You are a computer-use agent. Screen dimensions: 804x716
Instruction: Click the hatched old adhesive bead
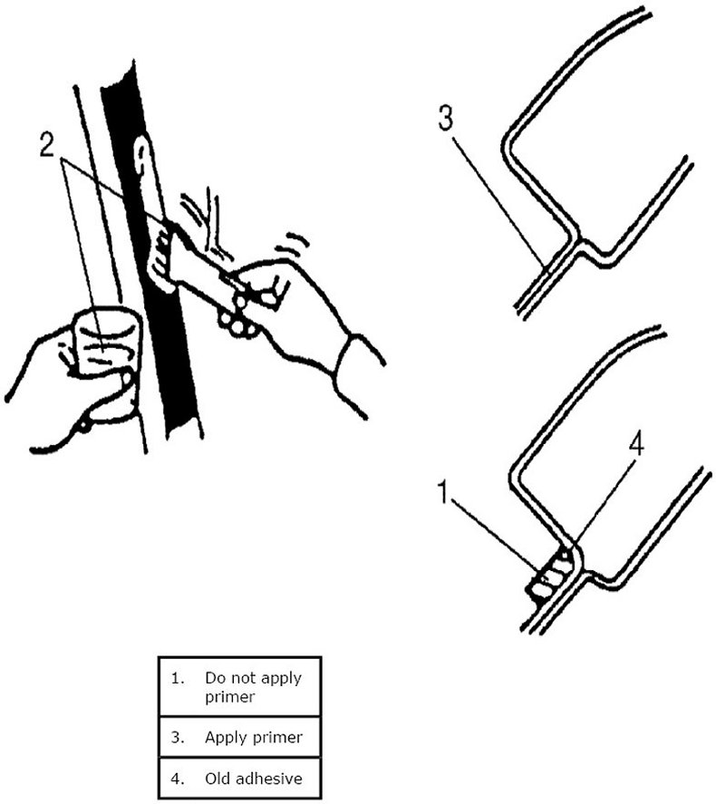click(x=552, y=576)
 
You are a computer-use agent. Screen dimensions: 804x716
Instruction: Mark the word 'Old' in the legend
click(x=218, y=777)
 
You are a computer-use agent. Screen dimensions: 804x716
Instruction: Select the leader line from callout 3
click(x=498, y=195)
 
